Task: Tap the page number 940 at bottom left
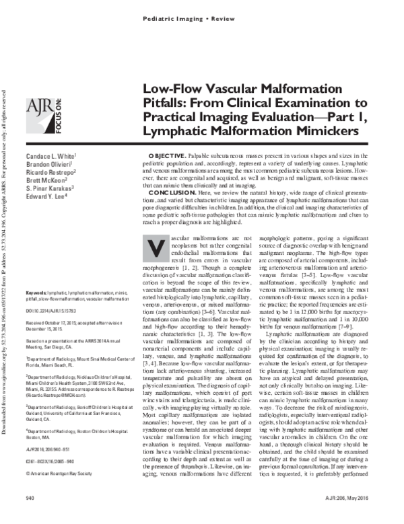click(30, 515)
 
